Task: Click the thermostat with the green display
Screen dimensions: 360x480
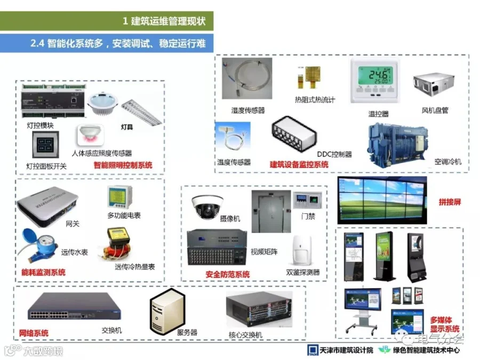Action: (374, 81)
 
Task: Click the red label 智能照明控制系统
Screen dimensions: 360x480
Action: (123, 165)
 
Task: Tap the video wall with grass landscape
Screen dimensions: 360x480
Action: (382, 198)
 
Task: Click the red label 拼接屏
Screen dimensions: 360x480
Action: (449, 203)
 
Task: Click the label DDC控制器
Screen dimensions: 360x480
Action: (334, 154)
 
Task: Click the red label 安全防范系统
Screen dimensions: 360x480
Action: (228, 275)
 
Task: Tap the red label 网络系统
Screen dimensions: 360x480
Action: (34, 333)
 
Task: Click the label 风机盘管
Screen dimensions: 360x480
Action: (435, 110)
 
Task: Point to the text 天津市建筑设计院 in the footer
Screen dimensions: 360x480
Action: (345, 350)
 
